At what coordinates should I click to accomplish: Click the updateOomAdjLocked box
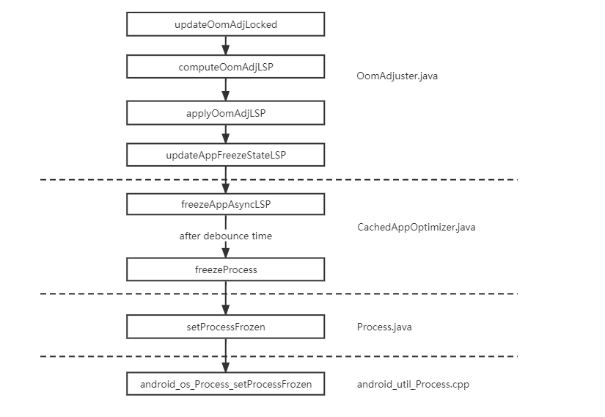tap(225, 24)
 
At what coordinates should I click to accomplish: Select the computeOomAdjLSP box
tap(225, 67)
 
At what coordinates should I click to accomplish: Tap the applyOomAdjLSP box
tap(225, 113)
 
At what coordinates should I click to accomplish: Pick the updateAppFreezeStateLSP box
tap(225, 155)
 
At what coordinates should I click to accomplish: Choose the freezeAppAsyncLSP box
tap(225, 204)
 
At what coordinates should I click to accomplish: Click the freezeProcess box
tap(225, 269)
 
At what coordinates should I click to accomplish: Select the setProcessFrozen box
tap(225, 327)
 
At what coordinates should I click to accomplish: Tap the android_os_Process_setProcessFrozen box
tap(225, 384)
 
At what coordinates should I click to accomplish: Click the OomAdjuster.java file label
tap(397, 76)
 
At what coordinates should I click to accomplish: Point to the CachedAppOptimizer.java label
tap(416, 227)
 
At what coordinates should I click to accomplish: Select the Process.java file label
tap(384, 327)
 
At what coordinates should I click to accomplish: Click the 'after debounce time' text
tap(225, 236)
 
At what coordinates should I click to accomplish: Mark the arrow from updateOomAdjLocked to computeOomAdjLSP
tap(225, 46)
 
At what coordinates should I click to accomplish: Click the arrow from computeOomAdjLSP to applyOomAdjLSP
tap(225, 90)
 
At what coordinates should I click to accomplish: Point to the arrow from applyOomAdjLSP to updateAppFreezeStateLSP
tap(225, 134)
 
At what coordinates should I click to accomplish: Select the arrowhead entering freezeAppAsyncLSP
tap(225, 189)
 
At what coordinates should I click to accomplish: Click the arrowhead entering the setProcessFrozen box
tap(225, 311)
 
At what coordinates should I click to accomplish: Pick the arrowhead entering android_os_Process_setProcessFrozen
tap(225, 368)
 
